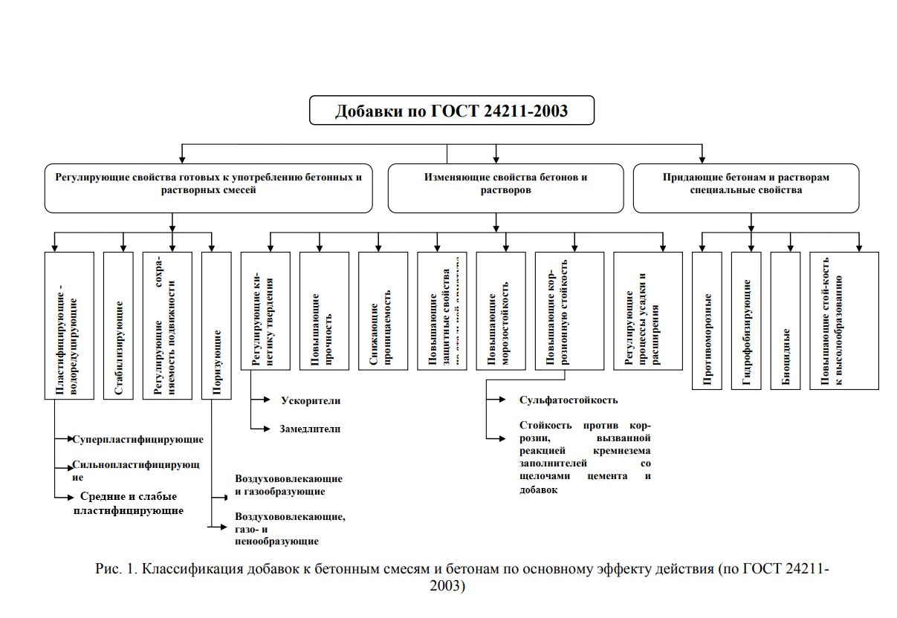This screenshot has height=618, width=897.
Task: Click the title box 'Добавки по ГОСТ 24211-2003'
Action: (x=451, y=111)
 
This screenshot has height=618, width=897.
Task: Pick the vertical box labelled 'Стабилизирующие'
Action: (x=119, y=325)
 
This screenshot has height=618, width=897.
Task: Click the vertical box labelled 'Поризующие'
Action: (x=217, y=325)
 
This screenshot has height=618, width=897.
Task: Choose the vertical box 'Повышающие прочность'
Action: (x=324, y=310)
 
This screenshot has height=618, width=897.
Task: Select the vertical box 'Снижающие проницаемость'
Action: (x=383, y=310)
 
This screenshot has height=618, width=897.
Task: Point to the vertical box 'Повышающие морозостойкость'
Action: (x=500, y=310)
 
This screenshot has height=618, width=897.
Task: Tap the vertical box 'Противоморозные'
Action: (x=707, y=320)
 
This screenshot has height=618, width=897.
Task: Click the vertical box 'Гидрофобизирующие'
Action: (x=746, y=320)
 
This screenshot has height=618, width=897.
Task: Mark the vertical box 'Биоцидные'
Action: (x=786, y=320)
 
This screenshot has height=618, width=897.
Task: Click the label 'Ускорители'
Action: (x=311, y=400)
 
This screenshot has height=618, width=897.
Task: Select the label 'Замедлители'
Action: (x=311, y=429)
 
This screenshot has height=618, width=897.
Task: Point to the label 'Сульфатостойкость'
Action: (x=569, y=400)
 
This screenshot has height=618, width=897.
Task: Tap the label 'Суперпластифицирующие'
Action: (x=138, y=439)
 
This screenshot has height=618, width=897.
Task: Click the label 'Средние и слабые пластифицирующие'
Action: (x=129, y=504)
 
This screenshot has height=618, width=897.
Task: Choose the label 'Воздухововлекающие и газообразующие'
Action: (x=288, y=485)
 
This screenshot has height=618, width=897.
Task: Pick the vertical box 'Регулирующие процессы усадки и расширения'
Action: (x=648, y=310)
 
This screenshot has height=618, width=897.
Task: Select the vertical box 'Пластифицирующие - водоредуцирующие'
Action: (x=69, y=325)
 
